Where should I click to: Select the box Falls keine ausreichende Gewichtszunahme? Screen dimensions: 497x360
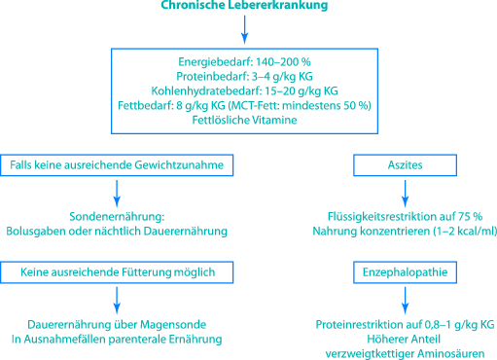click(119, 166)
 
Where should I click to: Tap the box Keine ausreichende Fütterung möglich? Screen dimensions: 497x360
click(119, 271)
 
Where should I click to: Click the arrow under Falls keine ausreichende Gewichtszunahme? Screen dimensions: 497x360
click(119, 192)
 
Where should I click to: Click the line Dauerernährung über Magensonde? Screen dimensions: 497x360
click(119, 324)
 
